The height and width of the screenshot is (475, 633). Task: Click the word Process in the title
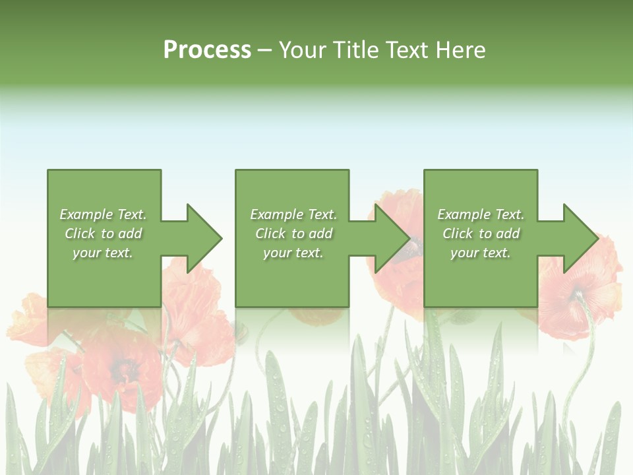pyautogui.click(x=207, y=50)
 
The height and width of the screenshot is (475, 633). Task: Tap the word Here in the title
pyautogui.click(x=461, y=50)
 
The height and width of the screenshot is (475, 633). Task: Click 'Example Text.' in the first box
pyautogui.click(x=103, y=214)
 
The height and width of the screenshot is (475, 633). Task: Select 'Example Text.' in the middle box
pyautogui.click(x=293, y=214)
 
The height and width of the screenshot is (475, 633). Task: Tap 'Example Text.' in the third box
pyautogui.click(x=481, y=214)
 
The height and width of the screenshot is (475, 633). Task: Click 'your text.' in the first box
pyautogui.click(x=103, y=253)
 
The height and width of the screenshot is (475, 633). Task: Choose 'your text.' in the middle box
pyautogui.click(x=293, y=253)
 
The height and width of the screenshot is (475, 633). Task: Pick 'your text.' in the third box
pyautogui.click(x=481, y=253)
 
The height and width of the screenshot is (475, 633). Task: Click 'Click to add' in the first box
pyautogui.click(x=103, y=234)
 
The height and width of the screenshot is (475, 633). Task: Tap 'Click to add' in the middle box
pyautogui.click(x=293, y=234)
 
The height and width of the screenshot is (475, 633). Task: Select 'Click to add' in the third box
pyautogui.click(x=481, y=234)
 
